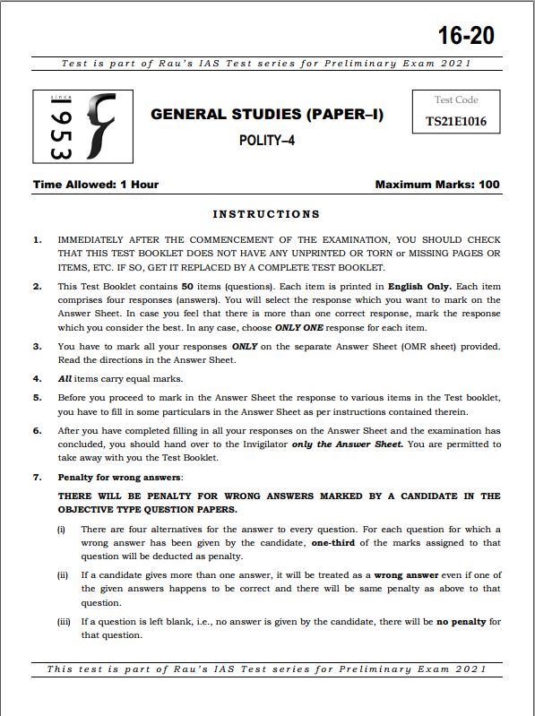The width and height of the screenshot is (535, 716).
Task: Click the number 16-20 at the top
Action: [466, 36]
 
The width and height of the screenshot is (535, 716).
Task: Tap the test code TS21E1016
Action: [456, 122]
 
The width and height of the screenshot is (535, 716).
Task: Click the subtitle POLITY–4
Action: [266, 140]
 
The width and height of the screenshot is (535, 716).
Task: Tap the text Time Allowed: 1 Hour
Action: [96, 185]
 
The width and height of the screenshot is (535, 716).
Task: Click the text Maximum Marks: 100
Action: [437, 185]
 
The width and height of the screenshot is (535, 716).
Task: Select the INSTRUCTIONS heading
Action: [266, 214]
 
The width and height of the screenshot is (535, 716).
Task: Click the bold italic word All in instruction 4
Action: [65, 379]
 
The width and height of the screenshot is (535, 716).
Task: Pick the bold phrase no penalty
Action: [462, 621]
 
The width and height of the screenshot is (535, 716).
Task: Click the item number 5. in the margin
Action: [37, 397]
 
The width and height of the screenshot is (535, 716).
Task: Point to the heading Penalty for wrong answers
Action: [120, 477]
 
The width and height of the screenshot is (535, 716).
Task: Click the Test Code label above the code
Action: [456, 100]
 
